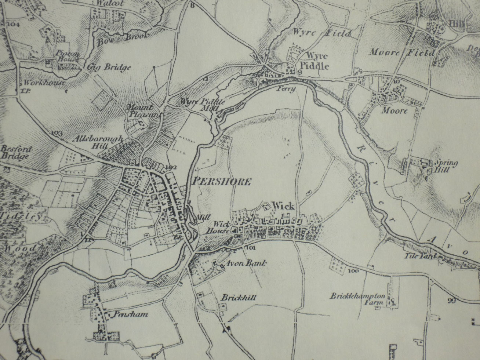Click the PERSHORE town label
pyautogui.click(x=221, y=181)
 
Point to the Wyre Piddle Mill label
pyautogui.click(x=203, y=103)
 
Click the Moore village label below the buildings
pyautogui.click(x=394, y=110)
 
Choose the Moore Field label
pyautogui.click(x=401, y=52)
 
